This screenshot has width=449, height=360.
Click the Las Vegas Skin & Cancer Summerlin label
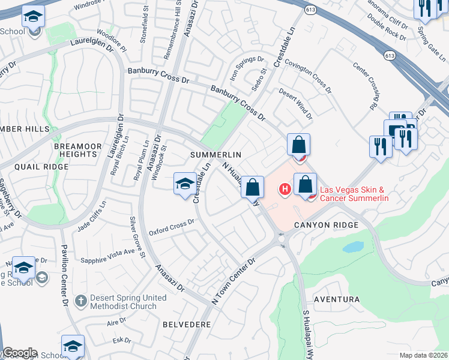pos(354,194)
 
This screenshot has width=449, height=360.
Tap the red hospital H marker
pos(285,190)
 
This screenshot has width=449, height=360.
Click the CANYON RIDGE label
pos(326,224)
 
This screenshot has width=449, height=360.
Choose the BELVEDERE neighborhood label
pos(187,324)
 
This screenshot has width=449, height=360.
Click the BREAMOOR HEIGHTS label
pos(80,150)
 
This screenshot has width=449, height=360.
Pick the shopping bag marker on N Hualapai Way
pos(253,187)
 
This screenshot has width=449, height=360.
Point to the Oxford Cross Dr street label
pos(172,227)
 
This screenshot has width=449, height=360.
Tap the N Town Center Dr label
pos(234,279)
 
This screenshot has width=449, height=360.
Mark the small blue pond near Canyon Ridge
pos(354,247)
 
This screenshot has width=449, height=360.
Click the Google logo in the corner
pos(19,353)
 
